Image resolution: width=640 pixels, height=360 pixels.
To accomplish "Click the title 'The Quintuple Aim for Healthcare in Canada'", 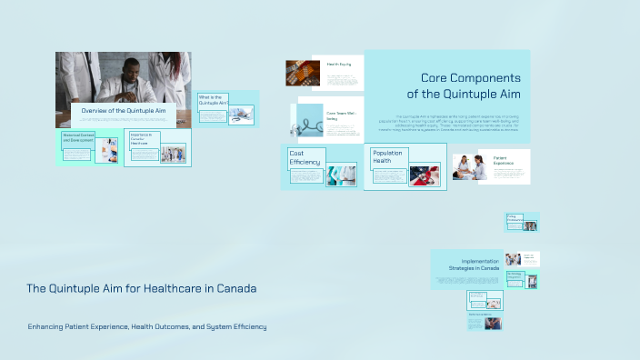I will coord(141,288).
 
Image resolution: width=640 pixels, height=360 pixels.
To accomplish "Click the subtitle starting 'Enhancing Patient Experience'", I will coord(147,326).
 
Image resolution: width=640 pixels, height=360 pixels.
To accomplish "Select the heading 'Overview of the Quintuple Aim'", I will coord(124,111).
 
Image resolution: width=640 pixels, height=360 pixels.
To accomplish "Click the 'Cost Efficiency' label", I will coord(305,157).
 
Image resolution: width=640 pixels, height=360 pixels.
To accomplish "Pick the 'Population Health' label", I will coord(387,156).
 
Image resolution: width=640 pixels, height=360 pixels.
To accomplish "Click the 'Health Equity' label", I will coord(339,65).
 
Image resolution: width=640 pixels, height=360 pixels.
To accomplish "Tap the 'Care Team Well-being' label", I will coord(338,115).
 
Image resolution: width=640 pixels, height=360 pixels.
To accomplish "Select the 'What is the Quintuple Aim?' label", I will coord(211,100).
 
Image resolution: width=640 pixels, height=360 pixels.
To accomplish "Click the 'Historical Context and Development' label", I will coord(77,139).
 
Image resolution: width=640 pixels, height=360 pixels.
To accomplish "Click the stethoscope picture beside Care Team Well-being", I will coord(307,122).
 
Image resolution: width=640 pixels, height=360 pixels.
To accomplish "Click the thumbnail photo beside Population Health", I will coord(425,175).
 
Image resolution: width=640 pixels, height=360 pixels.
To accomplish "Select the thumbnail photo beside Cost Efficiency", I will coord(341,175).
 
